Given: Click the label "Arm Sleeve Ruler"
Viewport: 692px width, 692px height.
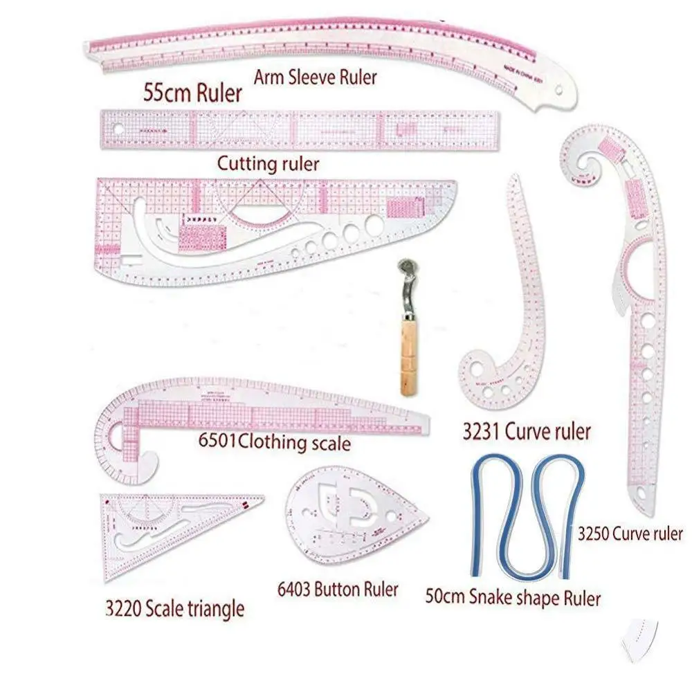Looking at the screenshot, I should [x=315, y=78].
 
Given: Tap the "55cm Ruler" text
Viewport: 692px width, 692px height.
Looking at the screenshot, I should [x=192, y=93].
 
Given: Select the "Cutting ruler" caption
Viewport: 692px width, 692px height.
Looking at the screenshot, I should [x=268, y=164].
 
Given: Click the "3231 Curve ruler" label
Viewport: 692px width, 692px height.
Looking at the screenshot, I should [x=527, y=432].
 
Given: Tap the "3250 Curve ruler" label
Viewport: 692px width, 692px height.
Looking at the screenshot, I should [x=630, y=534].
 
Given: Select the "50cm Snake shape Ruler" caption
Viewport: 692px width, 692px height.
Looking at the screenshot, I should [x=513, y=597].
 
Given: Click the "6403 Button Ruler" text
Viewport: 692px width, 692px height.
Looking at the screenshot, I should [x=337, y=590].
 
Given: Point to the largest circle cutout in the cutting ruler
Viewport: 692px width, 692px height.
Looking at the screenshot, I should [x=374, y=224].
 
